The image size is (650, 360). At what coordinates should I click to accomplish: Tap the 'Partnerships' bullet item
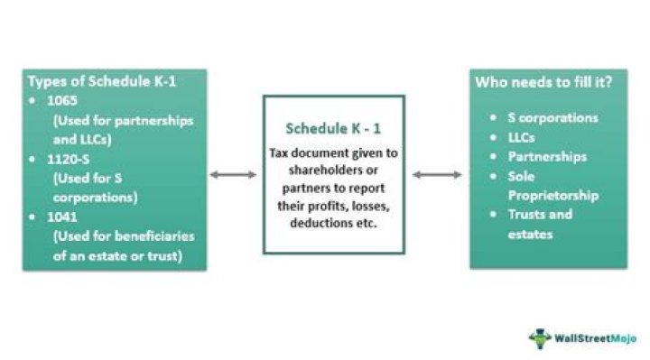click(x=546, y=156)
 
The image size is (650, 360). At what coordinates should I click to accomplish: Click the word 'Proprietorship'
click(x=553, y=195)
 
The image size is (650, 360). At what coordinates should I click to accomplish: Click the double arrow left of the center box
click(x=234, y=173)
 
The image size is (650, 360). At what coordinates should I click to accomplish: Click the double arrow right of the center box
click(x=437, y=173)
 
